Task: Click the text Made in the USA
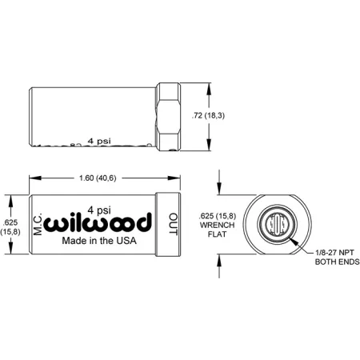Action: tap(99, 240)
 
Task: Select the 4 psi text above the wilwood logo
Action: tap(99, 204)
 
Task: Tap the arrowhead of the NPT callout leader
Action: tap(295, 239)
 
